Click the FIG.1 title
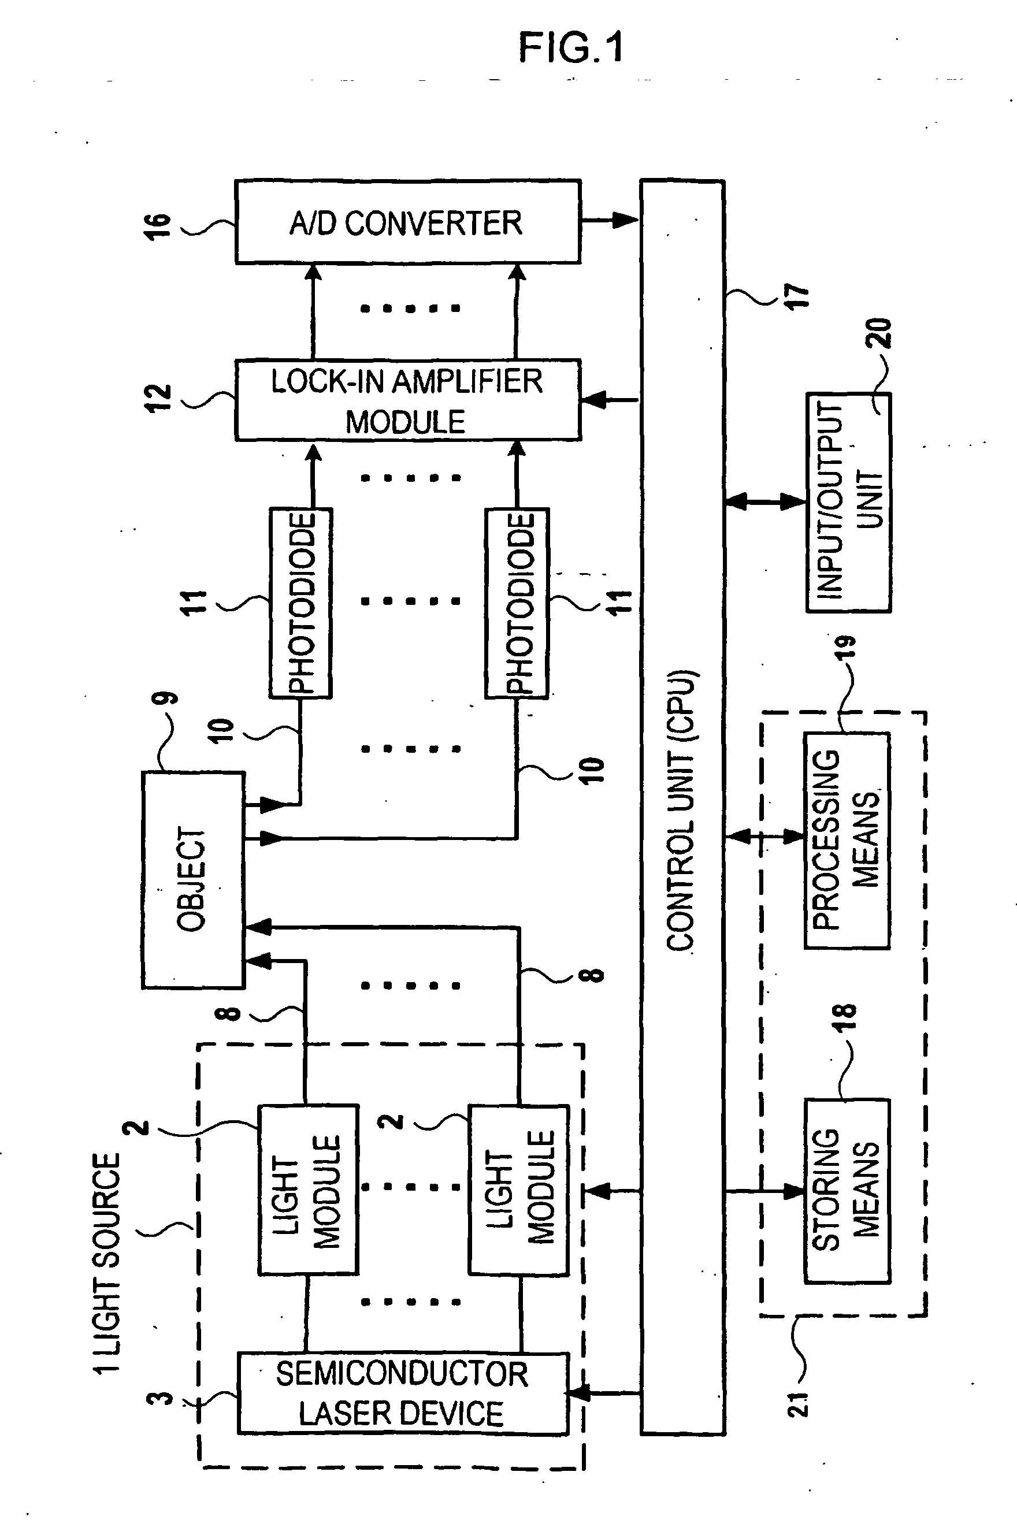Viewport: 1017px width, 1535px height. [571, 47]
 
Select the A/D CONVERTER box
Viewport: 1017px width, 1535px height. [408, 222]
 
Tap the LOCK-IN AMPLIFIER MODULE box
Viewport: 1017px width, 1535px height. [408, 400]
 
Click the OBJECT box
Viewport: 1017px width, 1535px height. [193, 880]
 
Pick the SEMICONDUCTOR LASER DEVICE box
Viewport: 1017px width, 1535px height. [403, 1393]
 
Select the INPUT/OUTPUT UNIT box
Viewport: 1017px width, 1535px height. [848, 502]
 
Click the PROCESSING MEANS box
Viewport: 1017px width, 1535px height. [847, 841]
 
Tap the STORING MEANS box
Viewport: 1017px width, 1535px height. [847, 1191]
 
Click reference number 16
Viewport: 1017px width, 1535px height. [158, 226]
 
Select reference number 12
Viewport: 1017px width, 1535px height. [158, 397]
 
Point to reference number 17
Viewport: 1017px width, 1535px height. [796, 297]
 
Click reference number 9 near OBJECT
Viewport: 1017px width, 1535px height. [165, 698]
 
